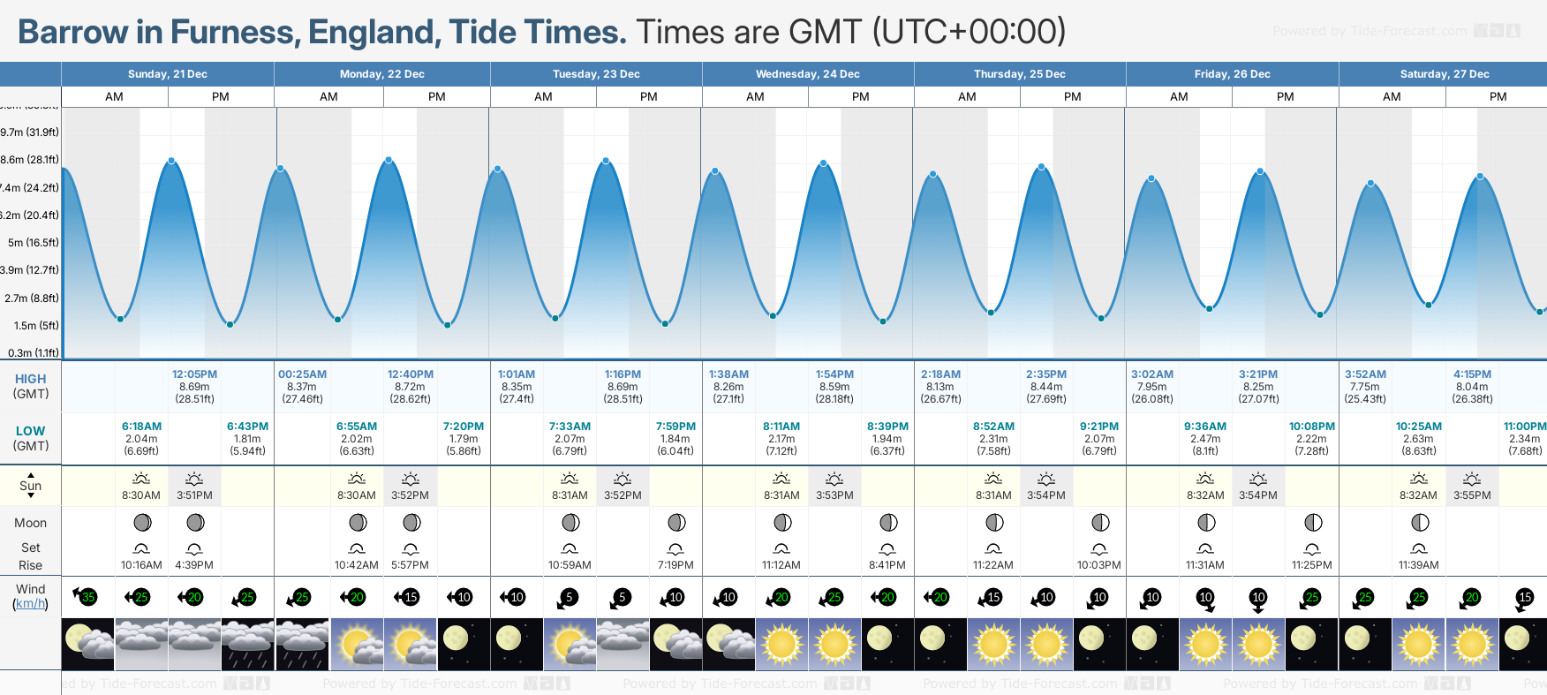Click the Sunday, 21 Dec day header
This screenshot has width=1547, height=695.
coord(168,74)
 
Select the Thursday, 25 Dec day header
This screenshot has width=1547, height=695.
coord(1019,74)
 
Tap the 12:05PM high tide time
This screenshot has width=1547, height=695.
coord(194,374)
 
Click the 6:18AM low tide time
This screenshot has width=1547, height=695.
coord(141,427)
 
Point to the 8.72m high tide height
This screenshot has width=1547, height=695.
coord(410,387)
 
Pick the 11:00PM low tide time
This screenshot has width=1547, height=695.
coord(1524,427)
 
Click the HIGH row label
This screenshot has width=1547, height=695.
coord(30,379)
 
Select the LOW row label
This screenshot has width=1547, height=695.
coord(30,431)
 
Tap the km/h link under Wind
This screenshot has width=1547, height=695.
coord(30,604)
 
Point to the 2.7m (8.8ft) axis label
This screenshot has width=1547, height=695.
coord(32,298)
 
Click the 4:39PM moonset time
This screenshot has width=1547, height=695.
coord(194,565)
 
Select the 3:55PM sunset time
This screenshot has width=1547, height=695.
coord(1472,495)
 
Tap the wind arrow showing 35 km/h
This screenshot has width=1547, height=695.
coord(83,597)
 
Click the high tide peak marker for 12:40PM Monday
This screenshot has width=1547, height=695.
coord(389,160)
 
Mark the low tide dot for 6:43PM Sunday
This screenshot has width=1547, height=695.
coord(230,324)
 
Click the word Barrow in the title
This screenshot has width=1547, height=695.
coord(72,32)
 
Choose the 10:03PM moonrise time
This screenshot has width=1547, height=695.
coord(1098,565)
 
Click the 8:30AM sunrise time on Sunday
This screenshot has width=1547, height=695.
coord(141,495)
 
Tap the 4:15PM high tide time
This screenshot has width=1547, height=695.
coord(1472,374)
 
